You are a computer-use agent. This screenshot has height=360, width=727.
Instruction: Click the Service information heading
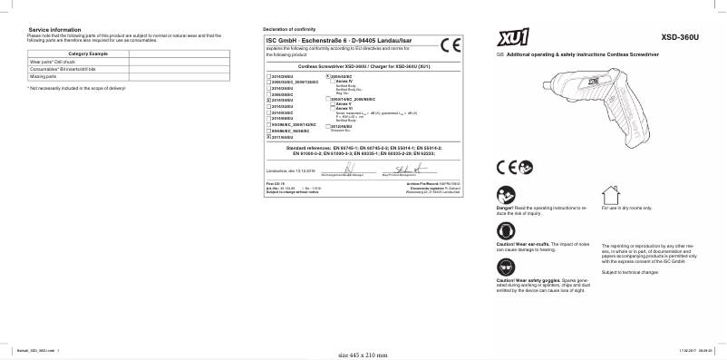point(48,31)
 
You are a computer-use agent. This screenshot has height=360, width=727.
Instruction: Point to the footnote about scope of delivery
point(76,88)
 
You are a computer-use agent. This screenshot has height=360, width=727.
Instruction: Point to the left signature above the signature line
point(348,167)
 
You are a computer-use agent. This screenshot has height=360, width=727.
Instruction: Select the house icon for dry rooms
point(606,193)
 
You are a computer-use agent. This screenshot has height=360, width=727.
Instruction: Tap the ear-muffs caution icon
point(505,230)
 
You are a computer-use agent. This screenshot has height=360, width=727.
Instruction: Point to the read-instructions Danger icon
point(505,193)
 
